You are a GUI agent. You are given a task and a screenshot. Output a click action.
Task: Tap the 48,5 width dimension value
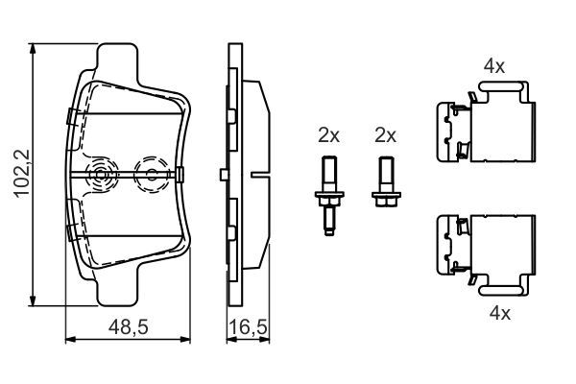pos(128,328)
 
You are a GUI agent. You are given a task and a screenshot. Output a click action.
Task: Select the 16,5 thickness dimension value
pos(248,328)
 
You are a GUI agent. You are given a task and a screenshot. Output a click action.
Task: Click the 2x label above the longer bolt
pos(329,135)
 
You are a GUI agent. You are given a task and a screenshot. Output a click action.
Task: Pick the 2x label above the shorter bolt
pos(386,135)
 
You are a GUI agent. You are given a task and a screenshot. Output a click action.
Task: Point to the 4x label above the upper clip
pos(494,66)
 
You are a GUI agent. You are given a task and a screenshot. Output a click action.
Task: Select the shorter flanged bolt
pos(386,184)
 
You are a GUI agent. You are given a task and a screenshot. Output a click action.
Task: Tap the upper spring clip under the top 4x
pos(485,123)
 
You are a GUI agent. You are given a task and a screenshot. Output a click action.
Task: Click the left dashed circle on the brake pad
pos(99,175)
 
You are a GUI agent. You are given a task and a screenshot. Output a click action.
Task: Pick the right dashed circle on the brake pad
pos(150,174)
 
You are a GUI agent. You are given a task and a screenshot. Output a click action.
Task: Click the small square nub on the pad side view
pos(222,174)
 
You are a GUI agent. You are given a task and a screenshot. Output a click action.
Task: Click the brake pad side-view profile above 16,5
pos(246,173)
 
